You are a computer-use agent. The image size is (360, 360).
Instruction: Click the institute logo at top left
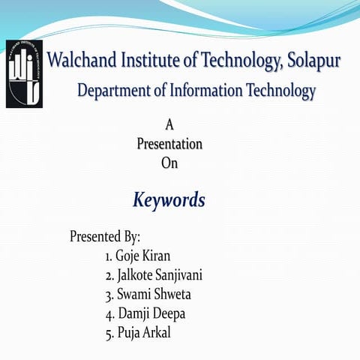click(23, 72)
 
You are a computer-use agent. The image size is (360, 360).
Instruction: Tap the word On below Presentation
click(169, 161)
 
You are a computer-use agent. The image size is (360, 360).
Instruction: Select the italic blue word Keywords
click(169, 201)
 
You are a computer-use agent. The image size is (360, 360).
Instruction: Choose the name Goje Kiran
click(143, 256)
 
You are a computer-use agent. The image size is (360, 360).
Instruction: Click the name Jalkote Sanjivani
click(160, 275)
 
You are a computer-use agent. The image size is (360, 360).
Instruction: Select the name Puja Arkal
click(144, 333)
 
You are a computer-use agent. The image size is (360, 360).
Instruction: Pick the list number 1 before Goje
click(109, 257)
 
